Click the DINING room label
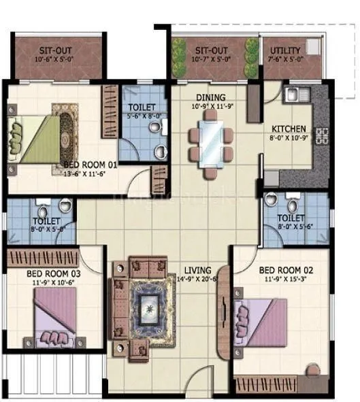coord(211,97)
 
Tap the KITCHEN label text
coord(289,129)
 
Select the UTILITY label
coord(286,50)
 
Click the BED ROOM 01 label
coord(91,165)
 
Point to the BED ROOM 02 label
coord(284,269)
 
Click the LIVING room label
coord(197,269)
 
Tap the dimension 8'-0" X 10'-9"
coord(289,137)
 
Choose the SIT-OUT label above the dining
coord(211,50)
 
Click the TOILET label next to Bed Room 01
coord(142,107)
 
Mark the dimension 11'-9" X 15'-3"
coord(284,278)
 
